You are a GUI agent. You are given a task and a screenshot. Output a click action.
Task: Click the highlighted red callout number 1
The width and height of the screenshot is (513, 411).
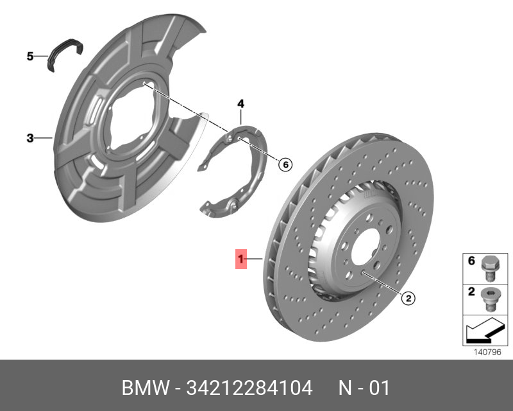241,259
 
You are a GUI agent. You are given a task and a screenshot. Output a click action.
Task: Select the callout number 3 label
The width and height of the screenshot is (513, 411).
29,138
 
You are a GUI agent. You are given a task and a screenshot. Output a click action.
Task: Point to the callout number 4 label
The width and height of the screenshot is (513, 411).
240,103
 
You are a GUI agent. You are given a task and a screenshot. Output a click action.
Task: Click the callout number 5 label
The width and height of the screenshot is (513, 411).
29,57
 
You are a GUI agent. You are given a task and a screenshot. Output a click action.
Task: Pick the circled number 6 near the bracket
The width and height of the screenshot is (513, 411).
285,165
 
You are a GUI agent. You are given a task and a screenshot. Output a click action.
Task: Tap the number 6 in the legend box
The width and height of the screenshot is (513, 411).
471,261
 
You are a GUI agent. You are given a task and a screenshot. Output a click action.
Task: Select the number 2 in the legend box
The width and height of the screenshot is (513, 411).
471,292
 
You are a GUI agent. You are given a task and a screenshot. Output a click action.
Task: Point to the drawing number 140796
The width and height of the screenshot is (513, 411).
487,352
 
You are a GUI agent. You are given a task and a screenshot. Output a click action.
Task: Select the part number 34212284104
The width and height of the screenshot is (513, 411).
249,389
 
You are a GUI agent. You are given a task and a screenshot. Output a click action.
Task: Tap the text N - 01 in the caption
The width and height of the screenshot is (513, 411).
364,389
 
